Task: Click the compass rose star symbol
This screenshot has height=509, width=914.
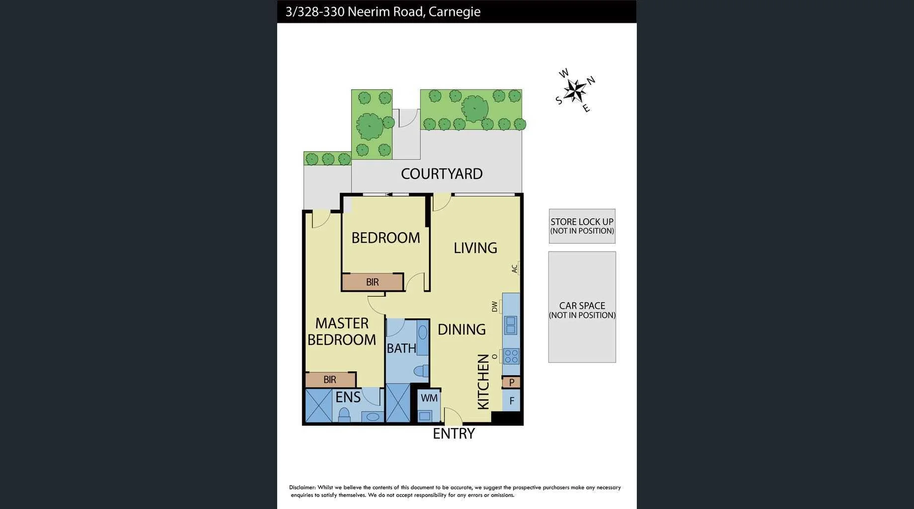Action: (x=575, y=90)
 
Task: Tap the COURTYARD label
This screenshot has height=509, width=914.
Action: (x=442, y=174)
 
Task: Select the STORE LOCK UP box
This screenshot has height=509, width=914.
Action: (x=582, y=226)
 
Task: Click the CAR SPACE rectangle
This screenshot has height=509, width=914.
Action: (x=582, y=307)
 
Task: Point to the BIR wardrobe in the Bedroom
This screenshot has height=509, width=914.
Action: (x=372, y=282)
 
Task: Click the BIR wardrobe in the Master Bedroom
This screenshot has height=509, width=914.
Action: (x=330, y=380)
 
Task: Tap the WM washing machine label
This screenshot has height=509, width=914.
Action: (x=429, y=398)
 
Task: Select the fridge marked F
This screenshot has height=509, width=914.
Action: (x=511, y=401)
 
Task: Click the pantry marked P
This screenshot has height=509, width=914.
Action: (x=511, y=383)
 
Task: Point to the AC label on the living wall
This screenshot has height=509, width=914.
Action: (x=515, y=268)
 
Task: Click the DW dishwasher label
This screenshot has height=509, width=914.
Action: (x=495, y=307)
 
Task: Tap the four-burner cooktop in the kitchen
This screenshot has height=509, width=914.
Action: (x=511, y=356)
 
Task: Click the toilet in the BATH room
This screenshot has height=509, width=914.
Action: (x=421, y=371)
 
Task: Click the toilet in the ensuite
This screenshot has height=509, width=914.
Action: (x=344, y=415)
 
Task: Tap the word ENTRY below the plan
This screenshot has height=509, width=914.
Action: (x=454, y=434)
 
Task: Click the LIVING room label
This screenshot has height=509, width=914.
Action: (x=475, y=248)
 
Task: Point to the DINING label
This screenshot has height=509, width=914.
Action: (x=461, y=330)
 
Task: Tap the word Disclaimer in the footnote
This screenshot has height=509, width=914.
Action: (x=302, y=488)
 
